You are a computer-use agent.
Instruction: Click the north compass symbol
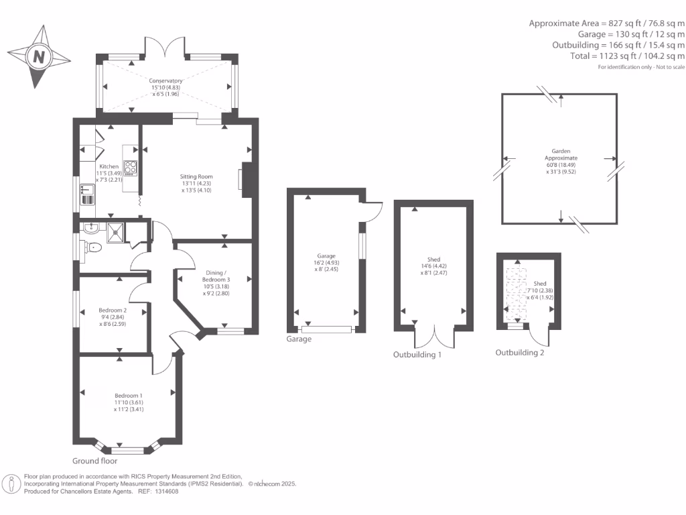pos(39,56)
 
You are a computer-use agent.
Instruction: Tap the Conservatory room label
pos(165,80)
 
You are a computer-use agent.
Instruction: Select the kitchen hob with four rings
pos(130,167)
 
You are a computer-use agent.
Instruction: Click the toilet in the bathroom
pos(93,247)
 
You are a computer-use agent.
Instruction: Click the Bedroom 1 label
pos(128,396)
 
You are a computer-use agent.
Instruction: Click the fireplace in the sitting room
pos(246,180)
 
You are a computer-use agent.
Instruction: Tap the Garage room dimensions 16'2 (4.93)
pos(326,263)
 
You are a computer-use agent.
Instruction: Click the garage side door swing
pos(370,212)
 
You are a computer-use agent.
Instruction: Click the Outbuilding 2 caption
pos(519,352)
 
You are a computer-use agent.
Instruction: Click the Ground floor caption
pos(94,461)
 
